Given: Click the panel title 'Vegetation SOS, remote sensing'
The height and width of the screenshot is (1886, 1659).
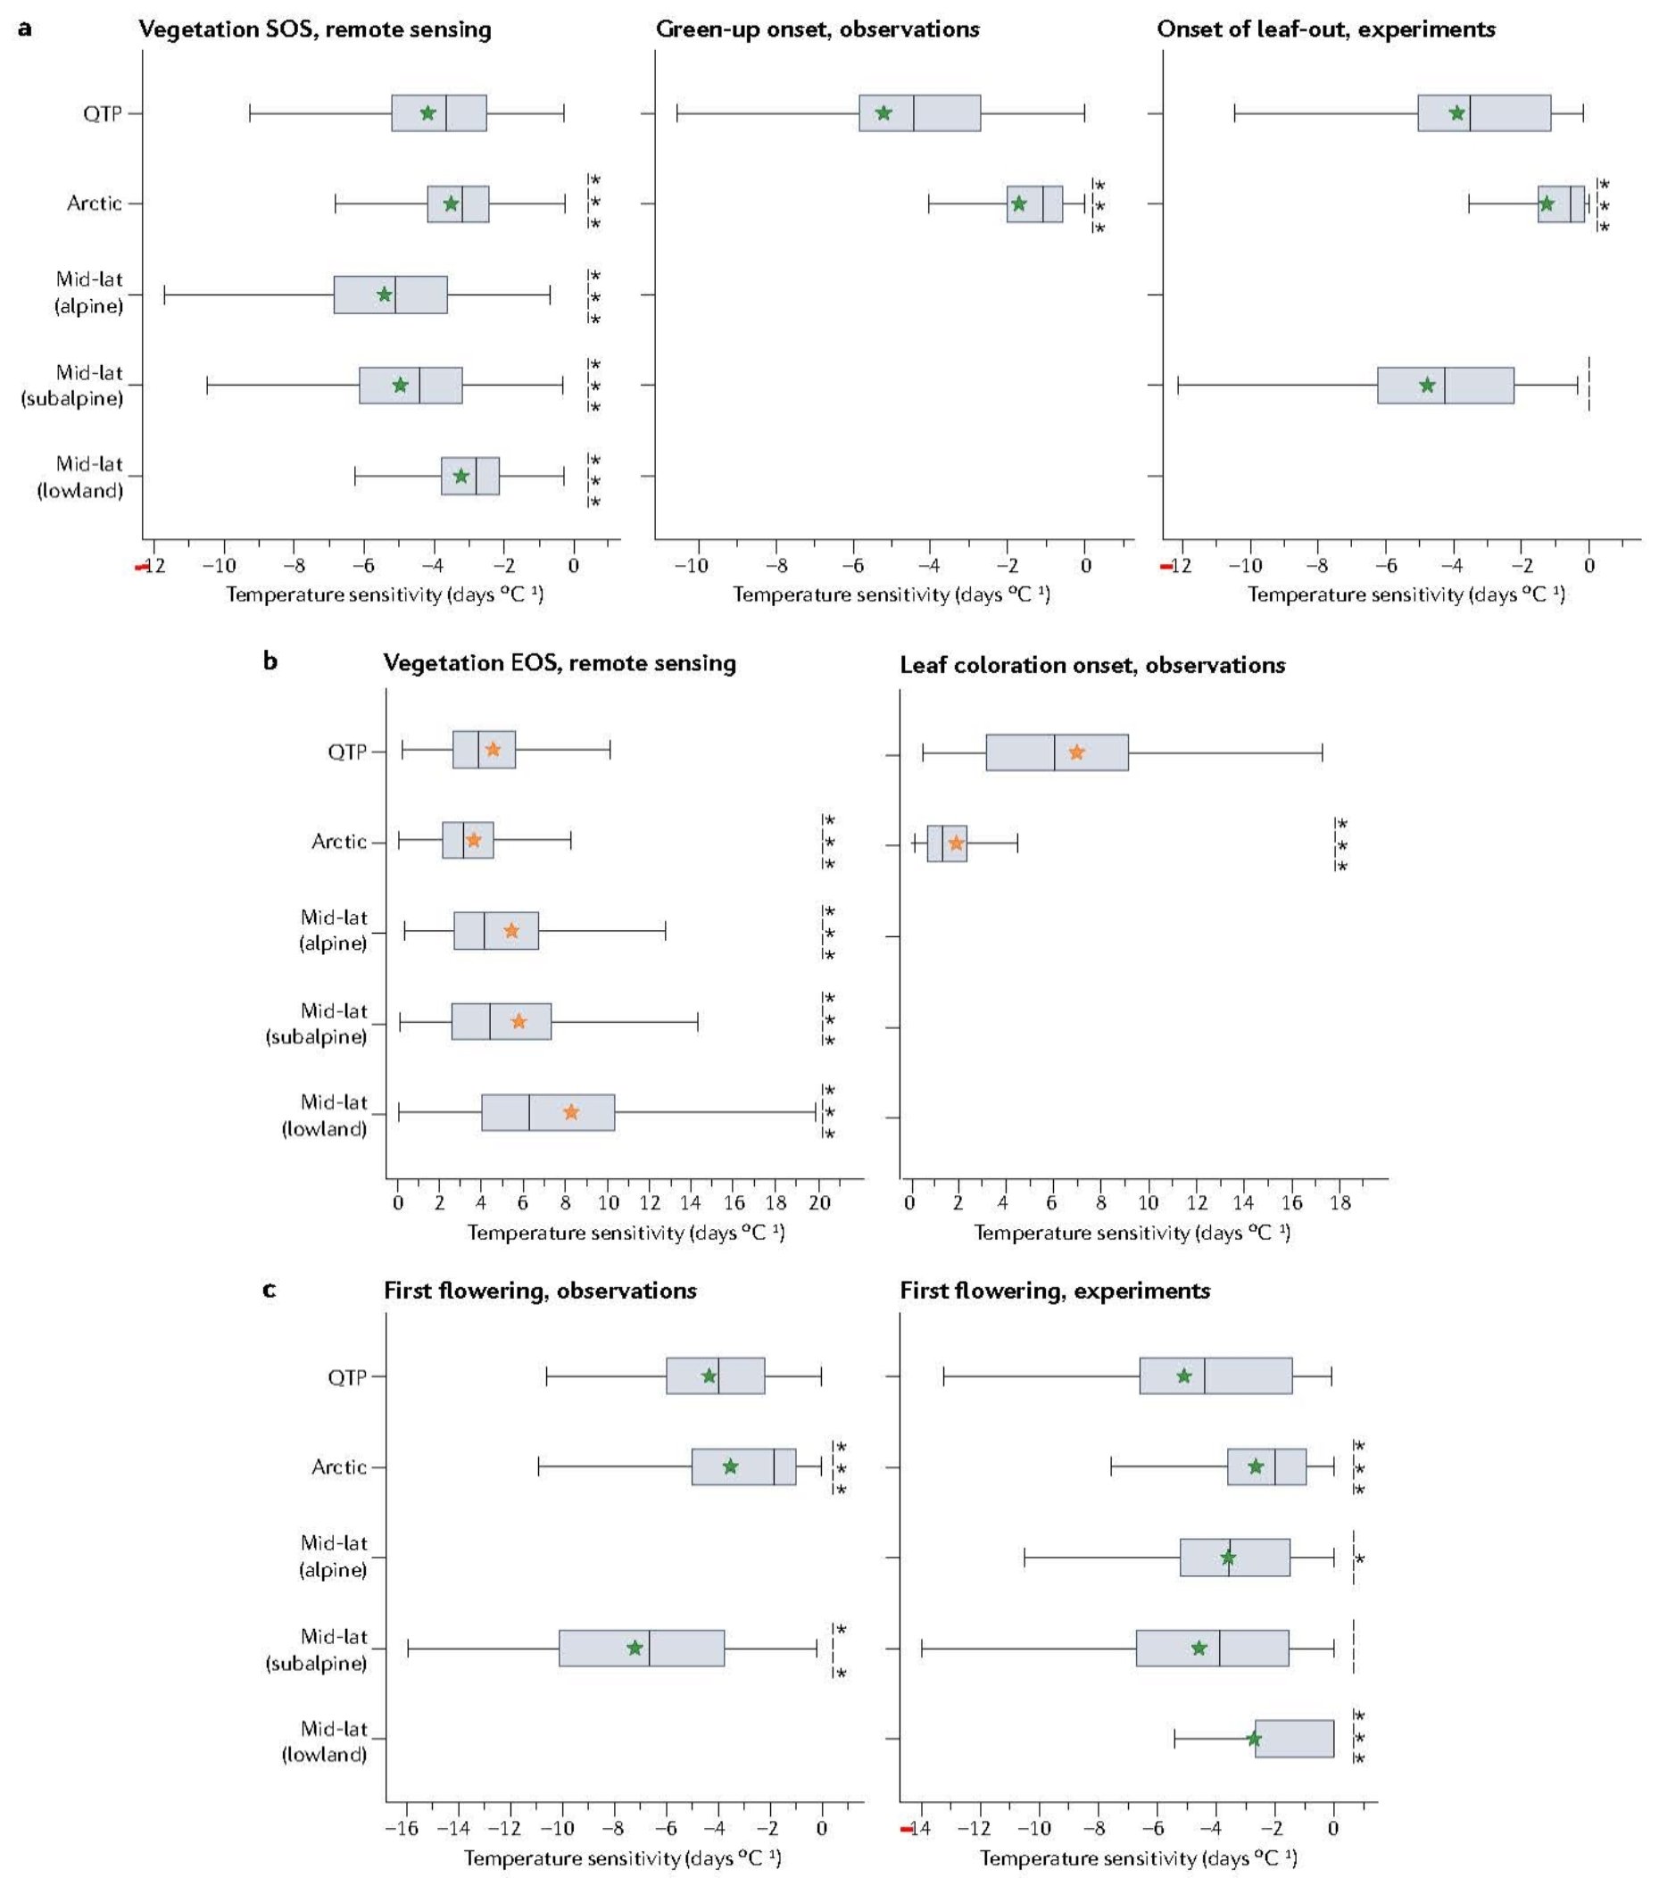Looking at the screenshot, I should (x=315, y=29).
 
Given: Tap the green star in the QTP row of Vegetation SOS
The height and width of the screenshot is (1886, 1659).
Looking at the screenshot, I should (x=428, y=112).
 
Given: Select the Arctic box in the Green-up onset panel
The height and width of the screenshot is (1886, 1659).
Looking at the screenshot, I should (x=1034, y=204).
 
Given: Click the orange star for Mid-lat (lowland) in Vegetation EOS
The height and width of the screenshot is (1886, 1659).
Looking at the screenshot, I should (x=571, y=1112).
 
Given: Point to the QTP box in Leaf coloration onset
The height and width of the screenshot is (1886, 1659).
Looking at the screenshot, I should (x=1057, y=752).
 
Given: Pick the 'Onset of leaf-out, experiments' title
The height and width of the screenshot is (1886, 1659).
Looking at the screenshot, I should (x=1325, y=29).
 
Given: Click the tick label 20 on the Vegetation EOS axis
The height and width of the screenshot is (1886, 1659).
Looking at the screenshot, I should (x=819, y=1202).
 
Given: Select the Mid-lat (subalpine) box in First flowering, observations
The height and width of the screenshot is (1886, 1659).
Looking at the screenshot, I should (x=642, y=1648).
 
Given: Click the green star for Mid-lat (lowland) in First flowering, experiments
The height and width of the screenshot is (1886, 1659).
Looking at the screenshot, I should (x=1254, y=1739).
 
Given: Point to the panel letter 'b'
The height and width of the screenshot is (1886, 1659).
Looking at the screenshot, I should (x=270, y=661).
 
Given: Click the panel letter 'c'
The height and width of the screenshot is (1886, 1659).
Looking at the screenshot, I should (x=270, y=1289).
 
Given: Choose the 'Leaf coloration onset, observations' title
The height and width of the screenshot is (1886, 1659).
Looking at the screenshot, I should (x=1091, y=664).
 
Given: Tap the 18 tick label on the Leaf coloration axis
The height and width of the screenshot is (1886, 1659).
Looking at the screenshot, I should (x=1340, y=1202).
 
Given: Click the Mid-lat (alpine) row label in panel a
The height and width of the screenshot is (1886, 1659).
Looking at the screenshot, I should (x=88, y=293).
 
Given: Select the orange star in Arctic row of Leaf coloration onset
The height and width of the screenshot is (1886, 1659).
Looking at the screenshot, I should (x=956, y=843).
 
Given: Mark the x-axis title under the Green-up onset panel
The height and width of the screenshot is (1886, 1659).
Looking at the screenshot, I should (x=892, y=594).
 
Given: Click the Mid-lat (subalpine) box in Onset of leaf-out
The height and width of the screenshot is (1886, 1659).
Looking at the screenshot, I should (x=1445, y=385).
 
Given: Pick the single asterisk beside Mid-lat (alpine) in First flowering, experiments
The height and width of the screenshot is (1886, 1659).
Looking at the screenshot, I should (x=1359, y=1558).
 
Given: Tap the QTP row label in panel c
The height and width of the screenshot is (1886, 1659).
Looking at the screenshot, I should (x=347, y=1376).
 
